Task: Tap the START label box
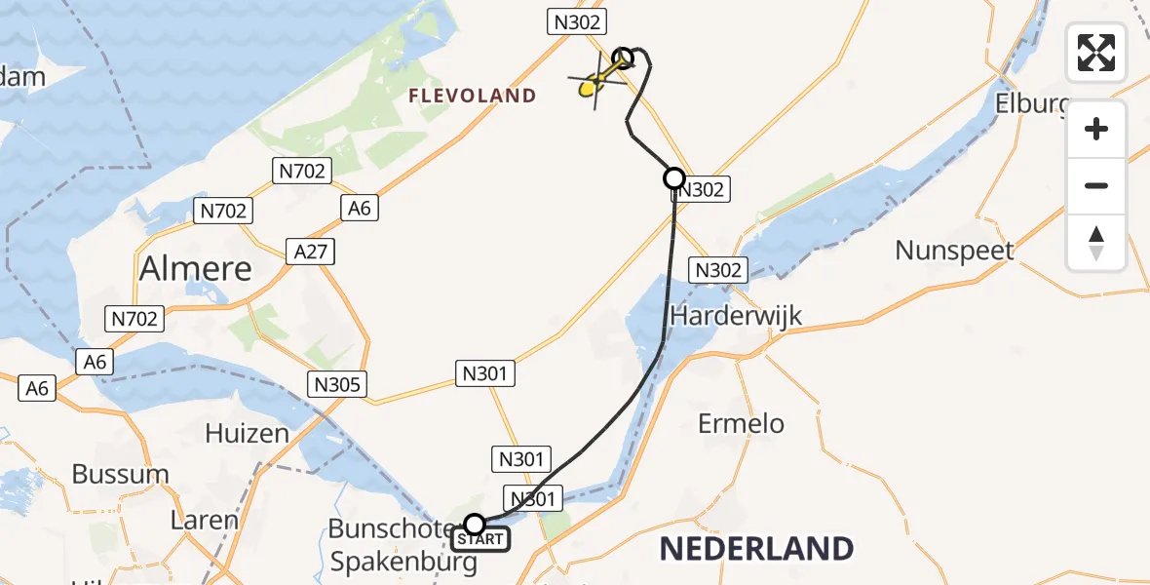click(x=480, y=539)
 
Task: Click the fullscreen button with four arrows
click(x=1096, y=53)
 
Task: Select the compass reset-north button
click(x=1096, y=243)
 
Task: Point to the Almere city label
click(x=196, y=268)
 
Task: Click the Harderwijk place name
click(x=736, y=316)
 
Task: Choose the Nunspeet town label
click(x=954, y=251)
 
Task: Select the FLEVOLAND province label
click(x=473, y=96)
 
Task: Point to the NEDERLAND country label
click(x=756, y=549)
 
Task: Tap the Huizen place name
click(x=247, y=432)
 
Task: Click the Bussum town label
click(x=120, y=475)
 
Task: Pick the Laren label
click(x=205, y=520)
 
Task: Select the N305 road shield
click(x=338, y=384)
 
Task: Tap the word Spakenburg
click(x=403, y=562)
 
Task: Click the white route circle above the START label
click(x=475, y=525)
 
